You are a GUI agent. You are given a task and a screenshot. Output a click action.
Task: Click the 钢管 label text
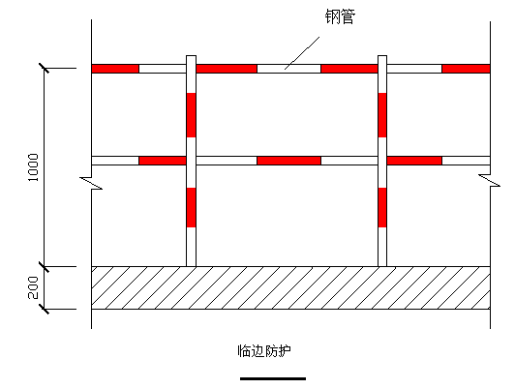coord(340,16)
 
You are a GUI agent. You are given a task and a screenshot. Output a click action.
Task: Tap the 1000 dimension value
coord(33,167)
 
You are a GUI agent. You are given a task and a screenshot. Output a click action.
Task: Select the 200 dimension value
coord(33,287)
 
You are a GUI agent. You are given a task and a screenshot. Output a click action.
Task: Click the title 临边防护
coord(264,351)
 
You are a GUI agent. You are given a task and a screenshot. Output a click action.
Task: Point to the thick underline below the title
coord(273,378)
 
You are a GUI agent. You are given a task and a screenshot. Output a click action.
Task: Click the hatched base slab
coord(290,288)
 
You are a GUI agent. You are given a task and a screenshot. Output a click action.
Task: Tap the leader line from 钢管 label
coord(302,53)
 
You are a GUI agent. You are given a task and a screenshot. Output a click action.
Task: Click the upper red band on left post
coord(191,115)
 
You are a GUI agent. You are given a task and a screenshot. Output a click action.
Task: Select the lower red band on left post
coord(191,207)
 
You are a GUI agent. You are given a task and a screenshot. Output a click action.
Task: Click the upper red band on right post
coord(382,115)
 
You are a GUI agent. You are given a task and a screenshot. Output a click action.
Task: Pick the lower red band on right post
coord(382,207)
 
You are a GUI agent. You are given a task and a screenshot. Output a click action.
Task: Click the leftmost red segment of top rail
coord(115,69)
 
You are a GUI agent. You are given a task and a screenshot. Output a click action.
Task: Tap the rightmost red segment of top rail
coord(466,69)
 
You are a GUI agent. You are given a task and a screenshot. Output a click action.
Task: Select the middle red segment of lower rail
coord(289,161)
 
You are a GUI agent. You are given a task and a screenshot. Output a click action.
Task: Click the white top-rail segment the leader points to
coord(289,69)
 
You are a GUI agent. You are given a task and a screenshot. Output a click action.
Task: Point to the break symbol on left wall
coord(91,183)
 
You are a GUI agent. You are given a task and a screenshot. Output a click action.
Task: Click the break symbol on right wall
coord(490,181)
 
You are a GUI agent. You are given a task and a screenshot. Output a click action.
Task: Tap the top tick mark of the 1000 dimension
coord(44,69)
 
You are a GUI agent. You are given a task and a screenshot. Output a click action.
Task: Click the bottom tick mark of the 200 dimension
coord(44,310)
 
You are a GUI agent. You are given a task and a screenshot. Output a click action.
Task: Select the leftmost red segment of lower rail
coord(163,161)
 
